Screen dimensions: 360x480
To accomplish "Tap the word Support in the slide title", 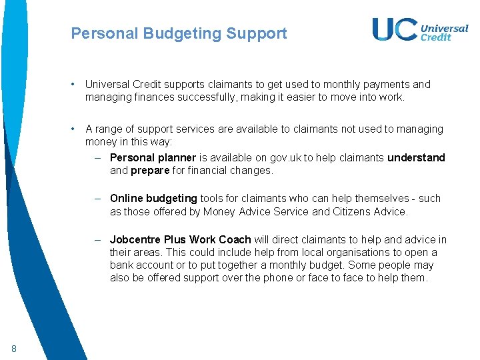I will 257,33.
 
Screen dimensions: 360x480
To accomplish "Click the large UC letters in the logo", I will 395,29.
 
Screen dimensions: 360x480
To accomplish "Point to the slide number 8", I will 14,348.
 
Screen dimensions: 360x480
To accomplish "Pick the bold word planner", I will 177,158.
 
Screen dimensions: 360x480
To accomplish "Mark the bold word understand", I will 416,158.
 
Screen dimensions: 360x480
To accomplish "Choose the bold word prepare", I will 150,171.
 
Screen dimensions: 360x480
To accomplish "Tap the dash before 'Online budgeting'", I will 97,199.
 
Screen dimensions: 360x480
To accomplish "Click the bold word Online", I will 126,199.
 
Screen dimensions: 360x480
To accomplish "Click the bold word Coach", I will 233,240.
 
